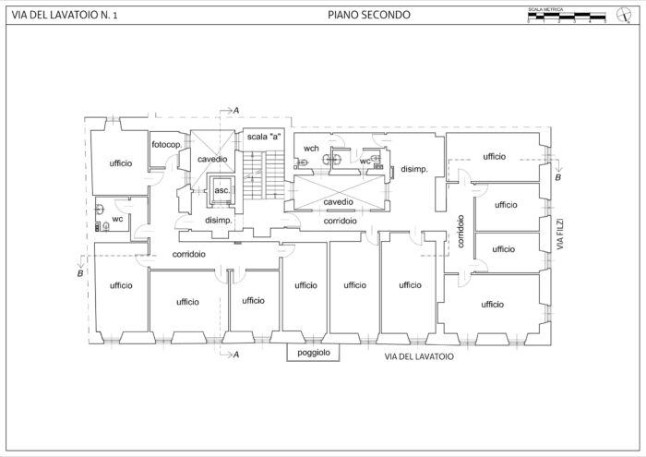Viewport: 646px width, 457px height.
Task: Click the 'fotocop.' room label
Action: pyautogui.click(x=166, y=146)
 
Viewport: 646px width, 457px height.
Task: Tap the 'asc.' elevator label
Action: pyautogui.click(x=221, y=190)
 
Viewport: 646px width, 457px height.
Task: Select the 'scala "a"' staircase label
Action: pyautogui.click(x=263, y=137)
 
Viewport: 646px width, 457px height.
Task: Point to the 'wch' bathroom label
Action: pyautogui.click(x=312, y=148)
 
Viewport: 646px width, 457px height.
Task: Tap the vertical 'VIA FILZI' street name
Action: pyautogui.click(x=559, y=236)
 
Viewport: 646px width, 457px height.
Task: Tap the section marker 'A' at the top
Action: pyautogui.click(x=236, y=111)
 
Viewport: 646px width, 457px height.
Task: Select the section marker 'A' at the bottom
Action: pyautogui.click(x=236, y=355)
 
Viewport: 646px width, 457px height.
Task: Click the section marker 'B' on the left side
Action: pyautogui.click(x=80, y=274)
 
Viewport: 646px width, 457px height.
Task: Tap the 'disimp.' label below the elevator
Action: pyautogui.click(x=217, y=222)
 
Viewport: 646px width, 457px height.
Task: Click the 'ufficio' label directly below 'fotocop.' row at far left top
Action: pyautogui.click(x=120, y=163)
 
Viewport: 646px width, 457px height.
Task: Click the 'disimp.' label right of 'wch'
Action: pyautogui.click(x=413, y=169)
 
